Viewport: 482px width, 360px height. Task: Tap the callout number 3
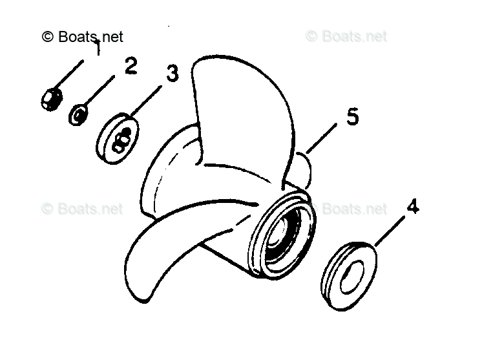[x=171, y=73]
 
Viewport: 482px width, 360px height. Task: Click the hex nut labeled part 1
[x=49, y=98]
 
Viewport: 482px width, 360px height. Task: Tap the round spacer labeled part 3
[x=118, y=139]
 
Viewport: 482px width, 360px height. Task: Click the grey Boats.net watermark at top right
[x=346, y=37]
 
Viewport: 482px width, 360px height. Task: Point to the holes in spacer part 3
[x=121, y=140]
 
